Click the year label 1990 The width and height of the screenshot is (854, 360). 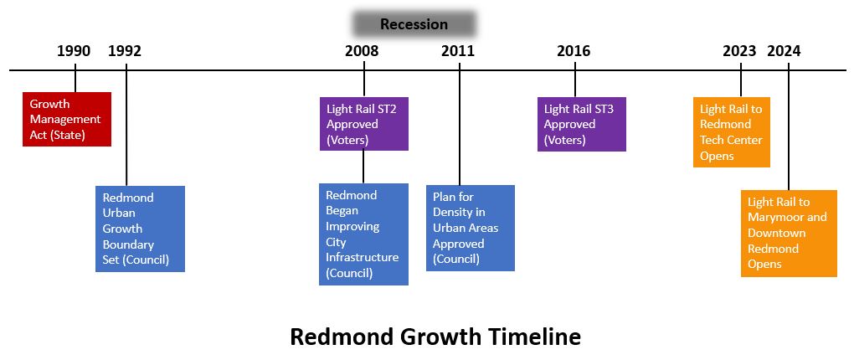click(x=74, y=51)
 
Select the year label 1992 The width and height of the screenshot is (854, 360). click(x=125, y=51)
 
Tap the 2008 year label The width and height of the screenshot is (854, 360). click(x=362, y=51)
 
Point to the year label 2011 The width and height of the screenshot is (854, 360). click(x=458, y=51)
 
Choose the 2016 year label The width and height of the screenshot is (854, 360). click(x=574, y=51)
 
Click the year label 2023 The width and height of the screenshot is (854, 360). click(x=739, y=51)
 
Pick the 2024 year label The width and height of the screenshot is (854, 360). click(x=785, y=51)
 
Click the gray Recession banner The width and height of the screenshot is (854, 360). click(x=414, y=24)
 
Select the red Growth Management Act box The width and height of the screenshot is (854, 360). click(x=67, y=119)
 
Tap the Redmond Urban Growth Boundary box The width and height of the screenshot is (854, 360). click(x=141, y=229)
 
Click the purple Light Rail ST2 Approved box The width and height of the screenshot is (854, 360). click(x=364, y=124)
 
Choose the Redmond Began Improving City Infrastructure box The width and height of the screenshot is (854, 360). click(x=364, y=234)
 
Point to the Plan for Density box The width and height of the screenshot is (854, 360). click(x=471, y=229)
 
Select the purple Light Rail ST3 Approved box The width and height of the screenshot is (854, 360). click(x=582, y=124)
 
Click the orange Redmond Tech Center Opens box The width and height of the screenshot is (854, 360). click(x=732, y=131)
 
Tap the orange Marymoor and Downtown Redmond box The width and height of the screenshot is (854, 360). click(x=789, y=233)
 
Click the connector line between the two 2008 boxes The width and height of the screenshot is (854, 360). click(x=363, y=167)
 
